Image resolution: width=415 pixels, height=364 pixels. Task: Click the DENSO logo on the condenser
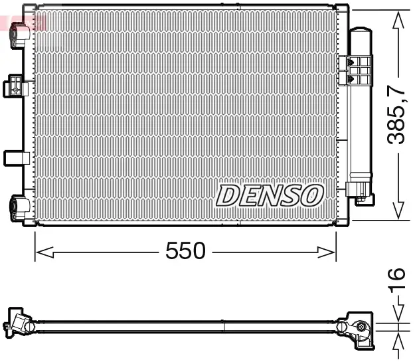270,195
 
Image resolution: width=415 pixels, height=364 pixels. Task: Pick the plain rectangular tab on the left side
15,158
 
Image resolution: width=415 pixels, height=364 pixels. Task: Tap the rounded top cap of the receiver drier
361,31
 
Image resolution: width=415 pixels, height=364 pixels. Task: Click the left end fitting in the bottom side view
20,325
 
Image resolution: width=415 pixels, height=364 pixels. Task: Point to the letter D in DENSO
228,195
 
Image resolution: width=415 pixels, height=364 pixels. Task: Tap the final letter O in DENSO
312,195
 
